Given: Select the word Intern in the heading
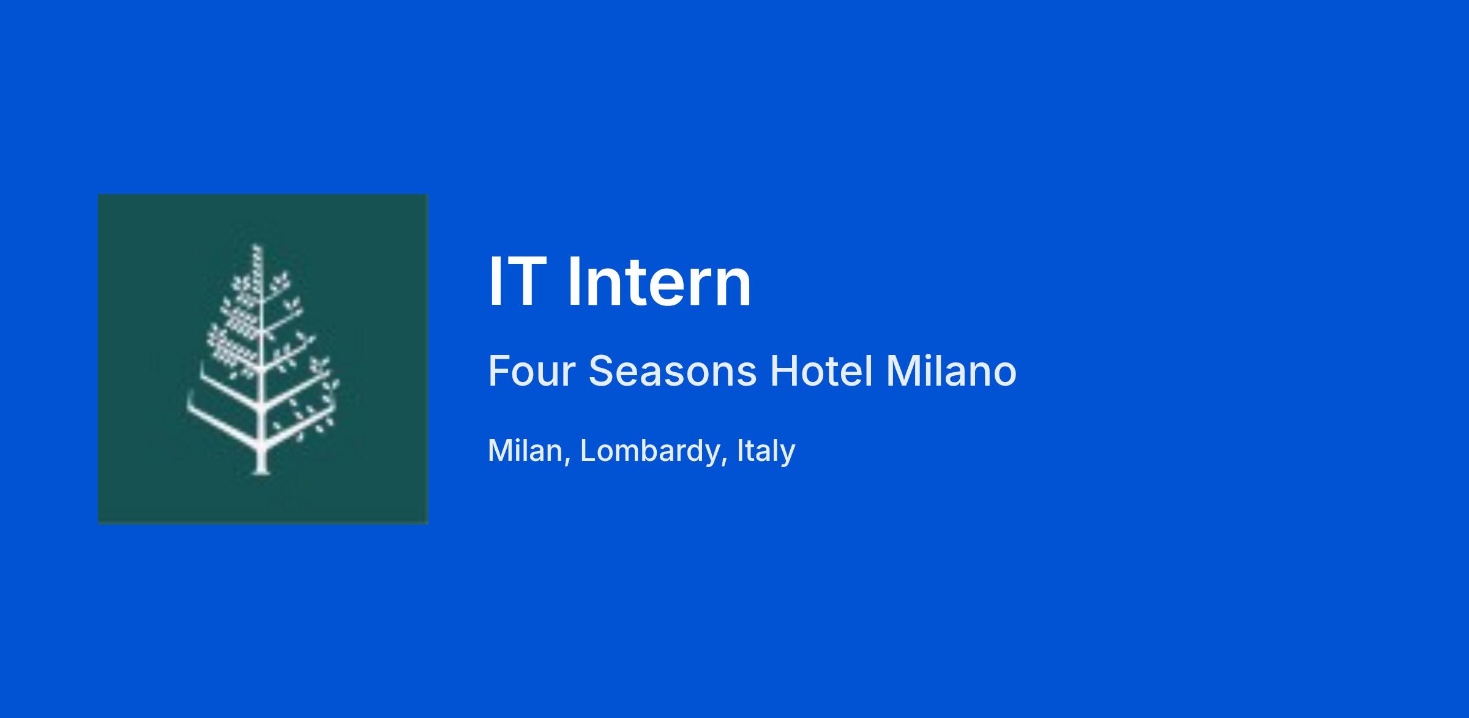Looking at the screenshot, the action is [x=659, y=282].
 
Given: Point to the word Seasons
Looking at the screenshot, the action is [x=673, y=371].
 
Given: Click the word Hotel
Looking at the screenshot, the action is [x=821, y=371].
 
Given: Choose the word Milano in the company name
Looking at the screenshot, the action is [x=951, y=371].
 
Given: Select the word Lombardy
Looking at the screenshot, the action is [x=649, y=452].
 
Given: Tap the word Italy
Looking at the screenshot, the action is [x=766, y=452].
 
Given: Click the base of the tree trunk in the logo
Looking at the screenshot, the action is [x=261, y=471].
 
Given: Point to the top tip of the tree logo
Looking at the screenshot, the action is [x=256, y=246].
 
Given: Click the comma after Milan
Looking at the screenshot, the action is [x=567, y=460].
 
